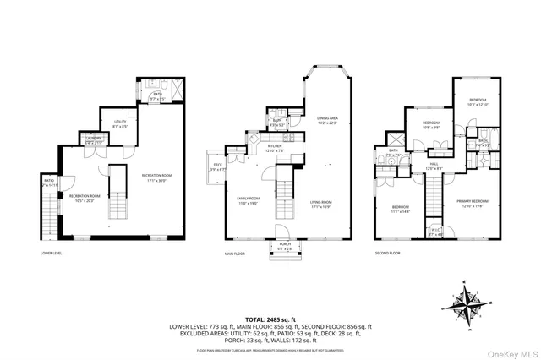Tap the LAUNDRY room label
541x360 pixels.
coord(93,140)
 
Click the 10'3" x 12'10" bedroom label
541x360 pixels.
coord(478,103)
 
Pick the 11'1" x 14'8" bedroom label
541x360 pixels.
coord(400,210)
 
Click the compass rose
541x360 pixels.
coord(467,301)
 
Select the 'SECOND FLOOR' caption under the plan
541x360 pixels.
coord(390,252)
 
